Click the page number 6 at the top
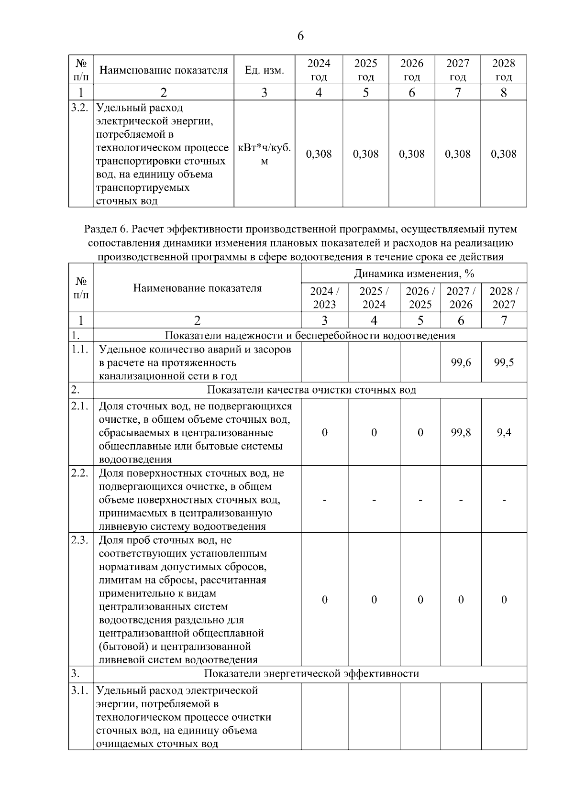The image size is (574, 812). pos(300,36)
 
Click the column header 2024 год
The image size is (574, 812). pos(319,70)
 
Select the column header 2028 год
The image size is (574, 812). pos(504,70)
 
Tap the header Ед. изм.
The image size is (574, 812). pos(264,70)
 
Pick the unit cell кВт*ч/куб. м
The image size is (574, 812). pos(264,154)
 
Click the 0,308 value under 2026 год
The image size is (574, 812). pos(412,154)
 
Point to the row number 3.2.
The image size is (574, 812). pos(80,108)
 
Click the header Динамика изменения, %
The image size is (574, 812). pos(414,274)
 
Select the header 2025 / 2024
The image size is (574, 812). pos(374,297)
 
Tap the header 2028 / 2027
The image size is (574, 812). pos(504,297)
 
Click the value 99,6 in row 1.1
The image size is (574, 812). pos(461,362)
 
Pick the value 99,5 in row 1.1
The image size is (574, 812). pos(504,362)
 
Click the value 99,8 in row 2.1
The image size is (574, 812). pos(461,433)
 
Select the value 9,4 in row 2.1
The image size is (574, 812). pos(504,433)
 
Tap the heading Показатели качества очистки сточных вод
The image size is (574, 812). pos(311,390)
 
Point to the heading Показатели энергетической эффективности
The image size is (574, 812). pos(311,674)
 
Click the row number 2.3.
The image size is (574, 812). pos(80,540)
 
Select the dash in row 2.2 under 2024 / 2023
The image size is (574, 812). pos(325,500)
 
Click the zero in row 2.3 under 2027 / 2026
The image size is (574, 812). pos(461,600)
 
